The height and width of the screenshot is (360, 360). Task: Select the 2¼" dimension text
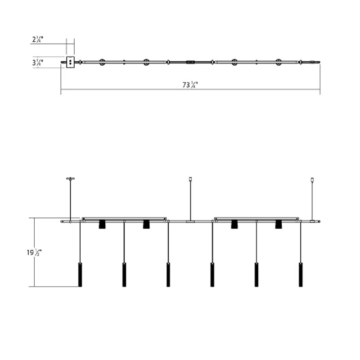coord(38,40)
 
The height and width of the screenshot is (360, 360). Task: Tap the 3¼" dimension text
coord(38,63)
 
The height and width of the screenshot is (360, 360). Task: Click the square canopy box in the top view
coord(70,62)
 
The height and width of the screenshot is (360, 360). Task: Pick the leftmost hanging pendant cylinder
coord(80,274)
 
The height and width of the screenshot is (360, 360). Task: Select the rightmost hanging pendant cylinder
coord(301,274)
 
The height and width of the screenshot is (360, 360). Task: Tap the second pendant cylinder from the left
coord(124,274)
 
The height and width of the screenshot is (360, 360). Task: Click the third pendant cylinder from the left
coord(168,274)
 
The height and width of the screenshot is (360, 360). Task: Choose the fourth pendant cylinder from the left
coord(212,274)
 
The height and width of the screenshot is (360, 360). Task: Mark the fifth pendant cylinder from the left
coord(256,274)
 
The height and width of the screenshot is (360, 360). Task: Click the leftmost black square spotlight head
coord(102,224)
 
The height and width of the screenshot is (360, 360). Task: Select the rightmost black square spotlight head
coord(278,224)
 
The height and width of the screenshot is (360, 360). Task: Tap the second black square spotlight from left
coord(146,224)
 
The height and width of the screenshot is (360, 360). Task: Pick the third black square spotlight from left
coord(234,224)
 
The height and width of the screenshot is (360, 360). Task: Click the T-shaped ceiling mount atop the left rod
coord(70,178)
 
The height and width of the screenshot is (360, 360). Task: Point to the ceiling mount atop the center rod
coord(191,179)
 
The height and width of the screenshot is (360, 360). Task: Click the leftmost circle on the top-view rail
coord(102,62)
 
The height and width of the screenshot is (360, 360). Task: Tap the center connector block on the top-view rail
coord(190,62)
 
